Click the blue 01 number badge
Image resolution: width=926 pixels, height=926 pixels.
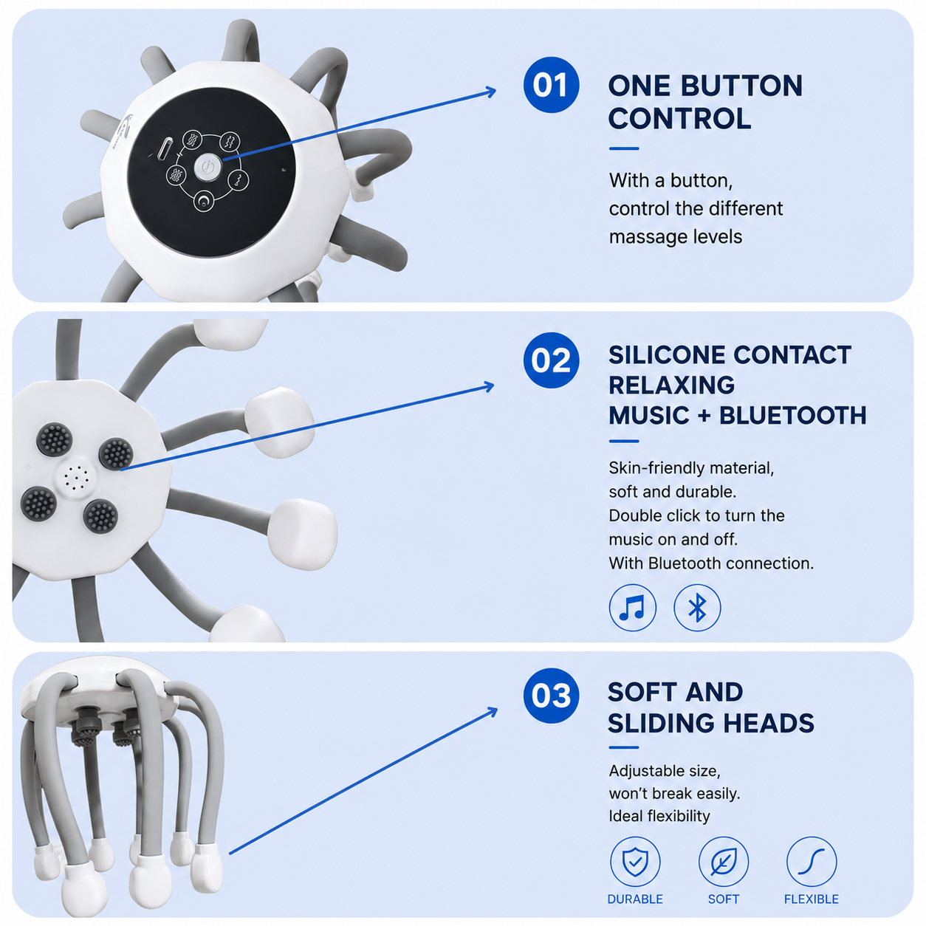tap(551, 85)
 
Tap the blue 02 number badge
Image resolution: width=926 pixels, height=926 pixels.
tap(551, 360)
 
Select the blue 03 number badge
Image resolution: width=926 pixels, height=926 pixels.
tap(551, 696)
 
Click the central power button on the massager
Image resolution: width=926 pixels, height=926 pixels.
tap(208, 168)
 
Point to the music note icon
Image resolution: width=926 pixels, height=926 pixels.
tap(632, 608)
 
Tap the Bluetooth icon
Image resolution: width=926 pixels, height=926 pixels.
tap(697, 608)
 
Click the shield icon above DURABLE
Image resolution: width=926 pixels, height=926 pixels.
tap(635, 862)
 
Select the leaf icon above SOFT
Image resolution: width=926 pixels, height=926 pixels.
tap(723, 862)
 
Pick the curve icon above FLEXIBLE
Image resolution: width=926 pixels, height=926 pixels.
tap(811, 862)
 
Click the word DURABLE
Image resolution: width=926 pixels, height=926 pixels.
tap(635, 899)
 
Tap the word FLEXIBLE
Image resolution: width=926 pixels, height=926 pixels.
tap(811, 899)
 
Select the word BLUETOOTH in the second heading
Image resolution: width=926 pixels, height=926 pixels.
tap(793, 416)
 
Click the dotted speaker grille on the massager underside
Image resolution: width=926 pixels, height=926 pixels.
tap(77, 477)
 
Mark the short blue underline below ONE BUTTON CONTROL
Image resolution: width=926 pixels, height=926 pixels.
tap(624, 148)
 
